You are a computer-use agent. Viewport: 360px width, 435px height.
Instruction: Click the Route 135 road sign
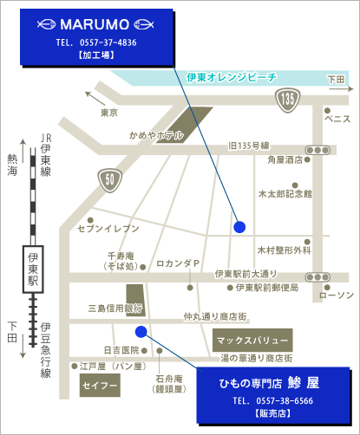[287, 101]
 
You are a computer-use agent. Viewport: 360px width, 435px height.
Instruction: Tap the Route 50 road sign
[109, 179]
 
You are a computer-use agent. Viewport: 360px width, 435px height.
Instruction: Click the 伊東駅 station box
[33, 270]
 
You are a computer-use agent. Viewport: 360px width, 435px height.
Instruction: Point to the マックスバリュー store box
[252, 340]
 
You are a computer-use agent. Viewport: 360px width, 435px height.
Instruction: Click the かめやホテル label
[156, 135]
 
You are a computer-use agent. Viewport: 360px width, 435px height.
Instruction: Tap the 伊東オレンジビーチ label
[232, 77]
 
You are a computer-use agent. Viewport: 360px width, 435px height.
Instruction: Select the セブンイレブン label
[108, 227]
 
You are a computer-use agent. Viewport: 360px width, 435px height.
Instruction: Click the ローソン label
[337, 295]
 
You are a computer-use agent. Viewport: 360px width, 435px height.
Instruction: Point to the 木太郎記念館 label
[285, 194]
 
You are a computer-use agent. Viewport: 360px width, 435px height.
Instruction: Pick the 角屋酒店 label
[285, 159]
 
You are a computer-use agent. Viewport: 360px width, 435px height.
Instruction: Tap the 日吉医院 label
[121, 350]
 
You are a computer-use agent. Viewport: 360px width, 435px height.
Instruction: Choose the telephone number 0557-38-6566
[272, 402]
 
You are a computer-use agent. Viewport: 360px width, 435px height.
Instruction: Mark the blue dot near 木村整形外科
[239, 227]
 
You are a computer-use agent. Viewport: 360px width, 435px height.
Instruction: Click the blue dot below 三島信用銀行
[141, 330]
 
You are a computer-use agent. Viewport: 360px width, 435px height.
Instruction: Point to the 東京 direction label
[108, 113]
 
